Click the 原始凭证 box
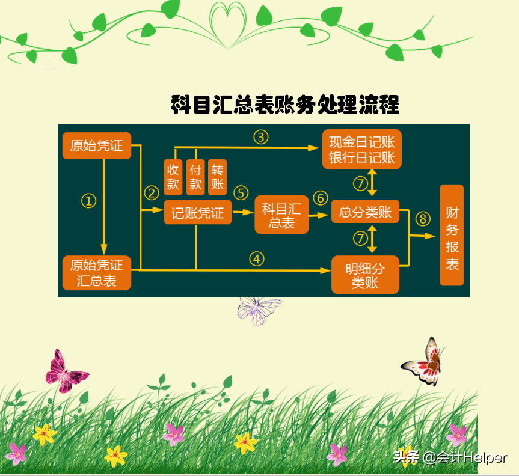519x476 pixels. (x=96, y=146)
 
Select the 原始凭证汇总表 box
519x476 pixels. (x=96, y=273)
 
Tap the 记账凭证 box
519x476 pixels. (x=197, y=213)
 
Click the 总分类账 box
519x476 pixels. (x=365, y=212)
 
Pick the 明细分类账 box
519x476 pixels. (x=365, y=275)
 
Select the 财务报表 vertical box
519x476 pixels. (x=452, y=235)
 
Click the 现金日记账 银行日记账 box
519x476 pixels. (x=361, y=150)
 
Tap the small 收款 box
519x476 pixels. (x=173, y=177)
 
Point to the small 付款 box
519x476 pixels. (x=195, y=177)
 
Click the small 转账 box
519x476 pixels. (x=217, y=177)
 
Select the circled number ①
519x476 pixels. (x=89, y=201)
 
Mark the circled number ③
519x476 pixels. (x=260, y=137)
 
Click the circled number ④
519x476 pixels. (x=257, y=259)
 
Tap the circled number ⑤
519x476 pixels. (x=241, y=192)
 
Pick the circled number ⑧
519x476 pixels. (x=423, y=218)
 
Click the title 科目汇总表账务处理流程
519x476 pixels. (x=285, y=105)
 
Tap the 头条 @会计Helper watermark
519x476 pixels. (x=450, y=457)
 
